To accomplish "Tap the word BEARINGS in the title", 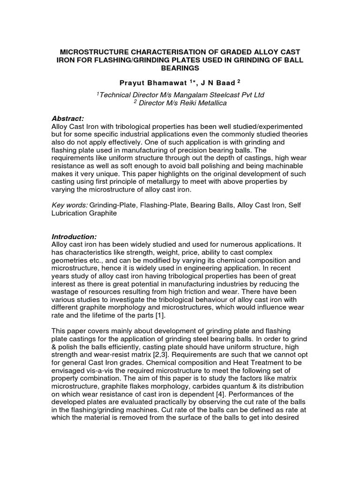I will point(180,68).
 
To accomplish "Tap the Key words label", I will point(68,205).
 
